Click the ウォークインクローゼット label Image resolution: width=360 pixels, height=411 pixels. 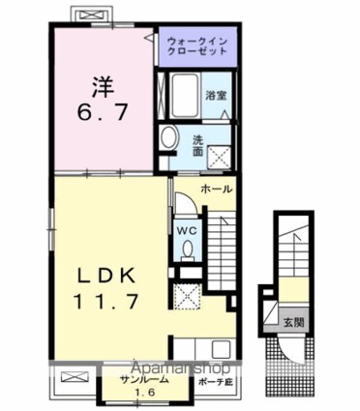pyautogui.click(x=197, y=46)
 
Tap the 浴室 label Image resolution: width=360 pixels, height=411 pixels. pyautogui.click(x=216, y=96)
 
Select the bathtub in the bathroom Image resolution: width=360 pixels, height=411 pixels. pyautogui.click(x=184, y=96)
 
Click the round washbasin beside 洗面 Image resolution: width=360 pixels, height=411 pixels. pyautogui.click(x=169, y=137)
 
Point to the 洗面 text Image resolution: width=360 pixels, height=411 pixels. pyautogui.click(x=197, y=146)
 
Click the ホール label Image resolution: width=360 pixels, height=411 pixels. pyautogui.click(x=217, y=190)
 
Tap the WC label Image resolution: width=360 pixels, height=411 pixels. pyautogui.click(x=186, y=231)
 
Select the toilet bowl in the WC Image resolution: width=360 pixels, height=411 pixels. pyautogui.click(x=187, y=250)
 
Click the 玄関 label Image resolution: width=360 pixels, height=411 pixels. pyautogui.click(x=294, y=322)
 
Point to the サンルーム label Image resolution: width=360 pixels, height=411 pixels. pyautogui.click(x=145, y=380)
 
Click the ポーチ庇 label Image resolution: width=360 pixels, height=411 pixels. pyautogui.click(x=215, y=383)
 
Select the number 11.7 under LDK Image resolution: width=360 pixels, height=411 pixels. pyautogui.click(x=106, y=302)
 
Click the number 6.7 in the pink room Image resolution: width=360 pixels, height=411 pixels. pyautogui.click(x=103, y=112)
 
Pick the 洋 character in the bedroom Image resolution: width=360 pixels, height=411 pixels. pyautogui.click(x=104, y=87)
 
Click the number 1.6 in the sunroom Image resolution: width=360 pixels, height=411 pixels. pyautogui.click(x=144, y=393)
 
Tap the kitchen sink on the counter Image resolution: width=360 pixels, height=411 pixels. pyautogui.click(x=221, y=349)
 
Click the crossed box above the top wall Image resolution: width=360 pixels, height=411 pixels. pyautogui.click(x=94, y=15)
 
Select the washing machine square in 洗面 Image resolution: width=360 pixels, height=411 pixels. pyautogui.click(x=220, y=158)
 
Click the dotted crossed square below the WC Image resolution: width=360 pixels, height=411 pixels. pyautogui.click(x=187, y=297)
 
